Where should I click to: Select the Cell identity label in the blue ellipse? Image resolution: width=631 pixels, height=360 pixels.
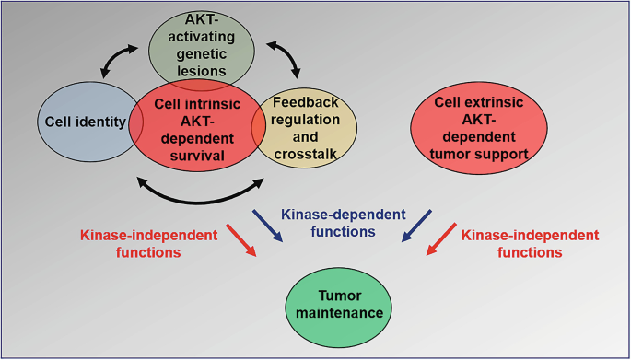[x=83, y=120]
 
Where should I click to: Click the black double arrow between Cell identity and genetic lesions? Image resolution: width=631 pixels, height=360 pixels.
[x=121, y=61]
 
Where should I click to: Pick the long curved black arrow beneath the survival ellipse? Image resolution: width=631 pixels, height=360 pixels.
[x=197, y=192]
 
